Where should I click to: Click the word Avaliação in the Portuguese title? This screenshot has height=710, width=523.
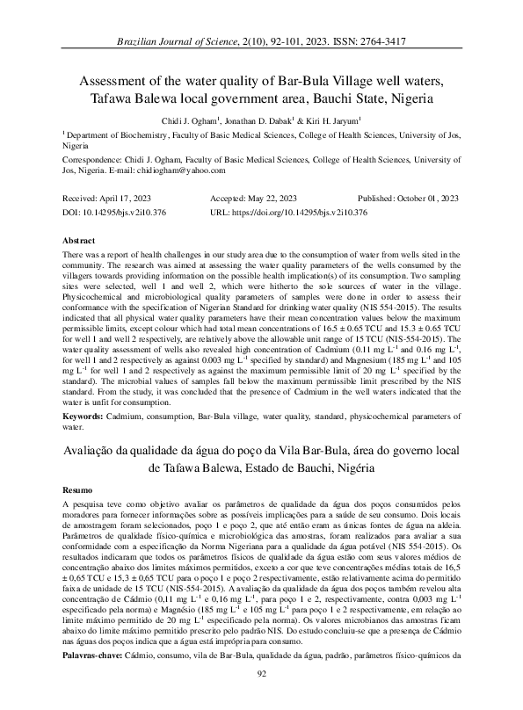96,450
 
